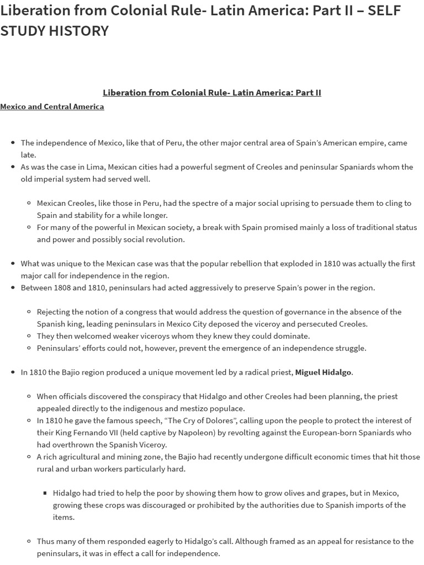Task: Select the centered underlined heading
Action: (x=211, y=92)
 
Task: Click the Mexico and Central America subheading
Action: (x=52, y=106)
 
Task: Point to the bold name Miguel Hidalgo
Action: (x=323, y=372)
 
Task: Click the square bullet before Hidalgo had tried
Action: (x=45, y=493)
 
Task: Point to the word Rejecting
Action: (x=54, y=312)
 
